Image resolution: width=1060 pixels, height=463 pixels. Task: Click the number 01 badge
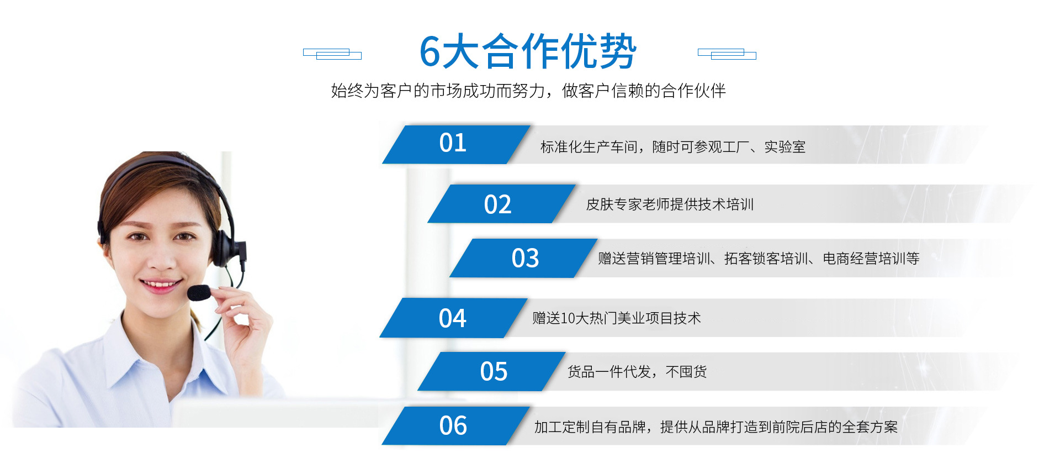point(456,145)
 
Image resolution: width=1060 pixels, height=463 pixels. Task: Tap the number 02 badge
point(501,204)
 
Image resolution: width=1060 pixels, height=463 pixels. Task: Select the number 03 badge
point(524,258)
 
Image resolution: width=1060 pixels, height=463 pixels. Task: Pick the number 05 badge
point(492,371)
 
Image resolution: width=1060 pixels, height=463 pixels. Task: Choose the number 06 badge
point(456,425)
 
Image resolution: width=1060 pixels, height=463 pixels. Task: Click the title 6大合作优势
point(528,51)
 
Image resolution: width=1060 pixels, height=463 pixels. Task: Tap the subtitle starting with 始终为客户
point(528,91)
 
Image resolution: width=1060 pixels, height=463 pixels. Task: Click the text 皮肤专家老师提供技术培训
point(670,204)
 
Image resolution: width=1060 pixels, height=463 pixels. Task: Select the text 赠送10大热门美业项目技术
point(617,318)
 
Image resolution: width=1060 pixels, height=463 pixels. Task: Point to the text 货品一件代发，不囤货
point(637,372)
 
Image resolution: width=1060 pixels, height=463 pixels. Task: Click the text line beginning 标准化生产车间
point(673,147)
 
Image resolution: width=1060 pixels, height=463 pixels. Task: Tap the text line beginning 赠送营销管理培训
point(759,259)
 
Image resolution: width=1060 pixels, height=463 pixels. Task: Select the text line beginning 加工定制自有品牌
point(716,427)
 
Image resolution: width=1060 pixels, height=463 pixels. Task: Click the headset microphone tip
point(198,293)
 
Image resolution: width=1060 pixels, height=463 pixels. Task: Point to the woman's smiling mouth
point(160,285)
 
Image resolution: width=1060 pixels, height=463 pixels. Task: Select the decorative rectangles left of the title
point(332,54)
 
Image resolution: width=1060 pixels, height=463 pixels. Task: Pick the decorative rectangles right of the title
point(727,54)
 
